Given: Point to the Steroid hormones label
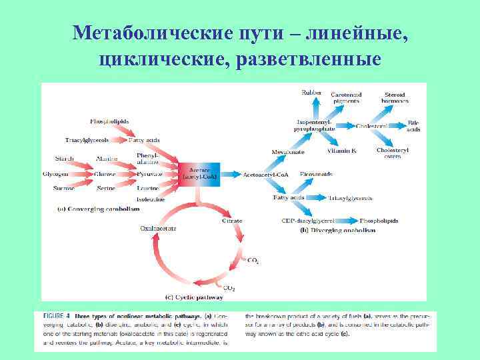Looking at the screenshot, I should coord(395,97).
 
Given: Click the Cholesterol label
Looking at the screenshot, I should coord(373,125).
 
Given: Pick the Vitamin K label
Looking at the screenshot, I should coord(341,151).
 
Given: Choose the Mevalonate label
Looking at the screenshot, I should coord(288,152).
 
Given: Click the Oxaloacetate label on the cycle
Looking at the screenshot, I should coord(158,228).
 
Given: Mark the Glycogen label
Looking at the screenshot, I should coord(55,174).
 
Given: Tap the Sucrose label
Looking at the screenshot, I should coord(64,189).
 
